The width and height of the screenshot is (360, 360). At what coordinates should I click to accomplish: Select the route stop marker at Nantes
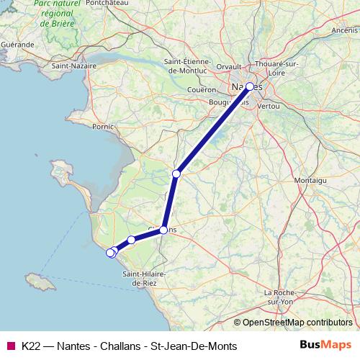[250, 87]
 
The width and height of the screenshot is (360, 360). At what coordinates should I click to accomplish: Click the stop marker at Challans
[163, 230]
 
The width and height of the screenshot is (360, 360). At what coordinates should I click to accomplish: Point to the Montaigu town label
[311, 179]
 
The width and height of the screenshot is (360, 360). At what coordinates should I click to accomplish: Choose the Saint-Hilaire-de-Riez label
[145, 279]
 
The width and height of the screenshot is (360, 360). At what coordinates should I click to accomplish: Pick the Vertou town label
[268, 105]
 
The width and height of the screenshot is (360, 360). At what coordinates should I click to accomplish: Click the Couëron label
[201, 90]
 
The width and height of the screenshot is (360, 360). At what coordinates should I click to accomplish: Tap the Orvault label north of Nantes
[229, 66]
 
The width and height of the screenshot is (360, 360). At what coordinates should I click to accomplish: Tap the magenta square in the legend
[10, 346]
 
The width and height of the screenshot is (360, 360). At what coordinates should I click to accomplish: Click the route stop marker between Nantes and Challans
[176, 174]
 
